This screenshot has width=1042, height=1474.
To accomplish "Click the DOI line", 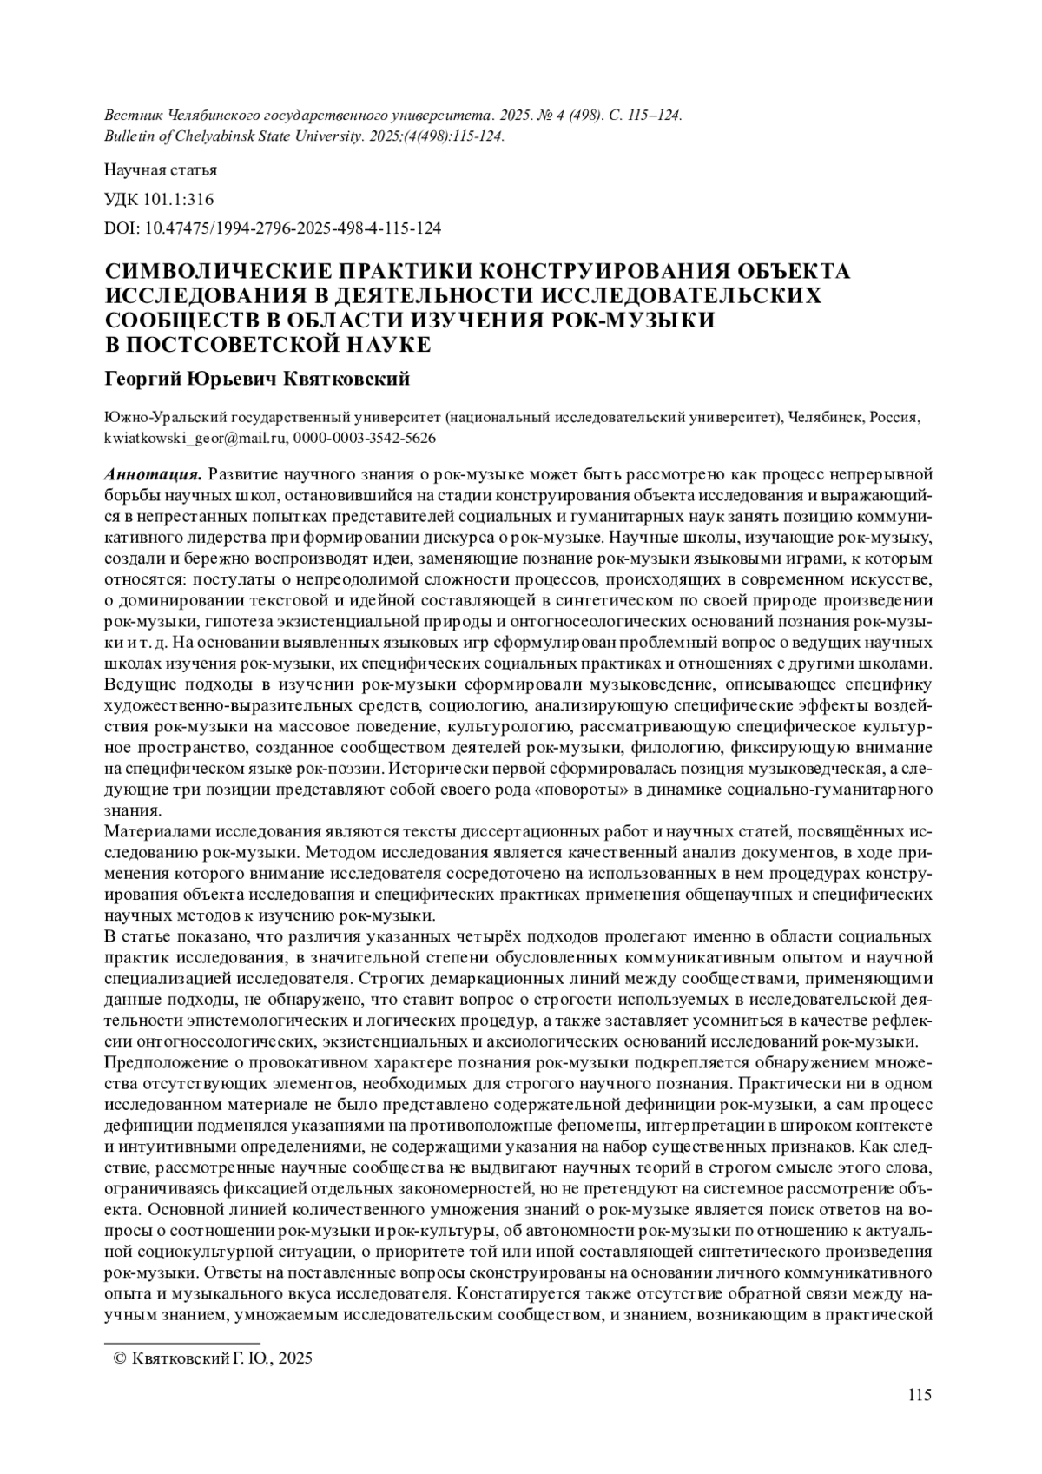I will coord(273,228).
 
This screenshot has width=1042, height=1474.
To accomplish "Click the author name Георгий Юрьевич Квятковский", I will coord(257,380).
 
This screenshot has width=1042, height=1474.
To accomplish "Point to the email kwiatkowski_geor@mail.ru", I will coord(195,438).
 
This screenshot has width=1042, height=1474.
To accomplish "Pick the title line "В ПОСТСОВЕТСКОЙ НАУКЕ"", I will coord(267,344).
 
